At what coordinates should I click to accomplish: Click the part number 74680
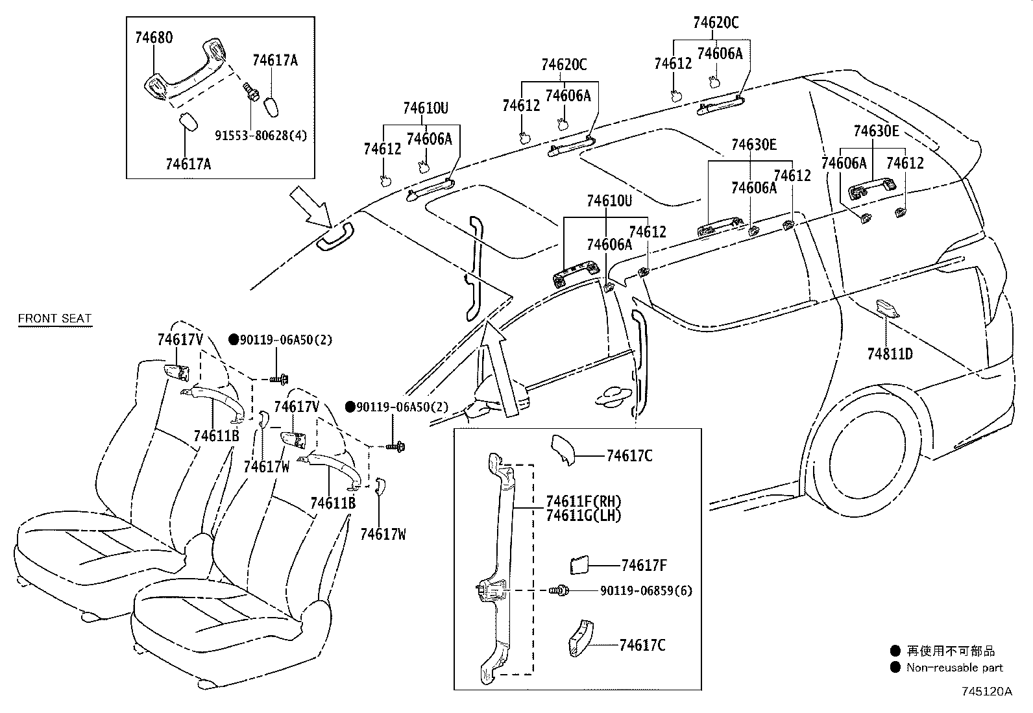[154, 37]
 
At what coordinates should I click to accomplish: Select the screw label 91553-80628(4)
[261, 136]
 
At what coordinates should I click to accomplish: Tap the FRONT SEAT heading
[55, 318]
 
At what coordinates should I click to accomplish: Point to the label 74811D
[890, 354]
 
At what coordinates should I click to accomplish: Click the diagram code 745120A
[986, 691]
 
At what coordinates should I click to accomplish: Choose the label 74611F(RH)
[583, 502]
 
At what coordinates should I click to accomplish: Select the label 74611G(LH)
[583, 516]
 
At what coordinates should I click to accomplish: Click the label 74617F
[644, 565]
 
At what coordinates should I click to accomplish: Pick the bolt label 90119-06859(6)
[646, 590]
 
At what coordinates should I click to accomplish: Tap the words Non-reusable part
[954, 667]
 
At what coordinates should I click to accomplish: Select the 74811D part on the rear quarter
[887, 308]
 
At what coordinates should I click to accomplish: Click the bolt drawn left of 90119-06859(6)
[560, 590]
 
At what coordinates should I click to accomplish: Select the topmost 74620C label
[715, 23]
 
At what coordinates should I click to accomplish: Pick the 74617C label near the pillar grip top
[629, 455]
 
